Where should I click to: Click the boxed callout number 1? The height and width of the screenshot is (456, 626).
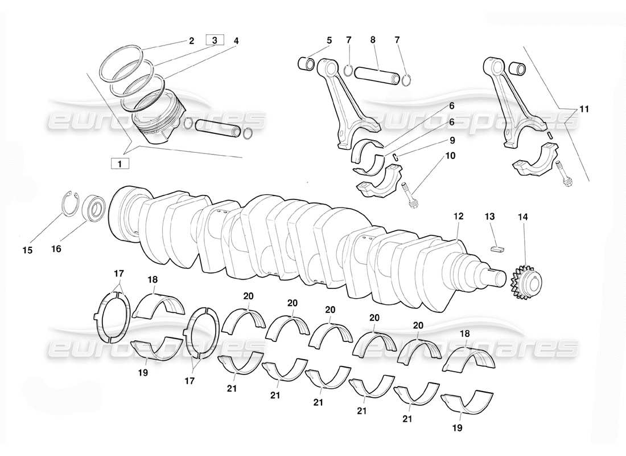tap(120, 164)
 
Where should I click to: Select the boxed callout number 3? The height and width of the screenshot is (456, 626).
tap(215, 40)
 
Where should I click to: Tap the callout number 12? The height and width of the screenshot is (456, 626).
tap(459, 217)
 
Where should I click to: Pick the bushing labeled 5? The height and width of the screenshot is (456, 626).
tap(306, 63)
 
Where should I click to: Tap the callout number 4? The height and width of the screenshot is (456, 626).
tap(236, 40)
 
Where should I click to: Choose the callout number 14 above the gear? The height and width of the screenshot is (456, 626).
tap(523, 217)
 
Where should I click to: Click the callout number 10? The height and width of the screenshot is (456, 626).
tap(451, 156)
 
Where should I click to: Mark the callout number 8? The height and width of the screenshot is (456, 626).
tap(373, 40)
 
